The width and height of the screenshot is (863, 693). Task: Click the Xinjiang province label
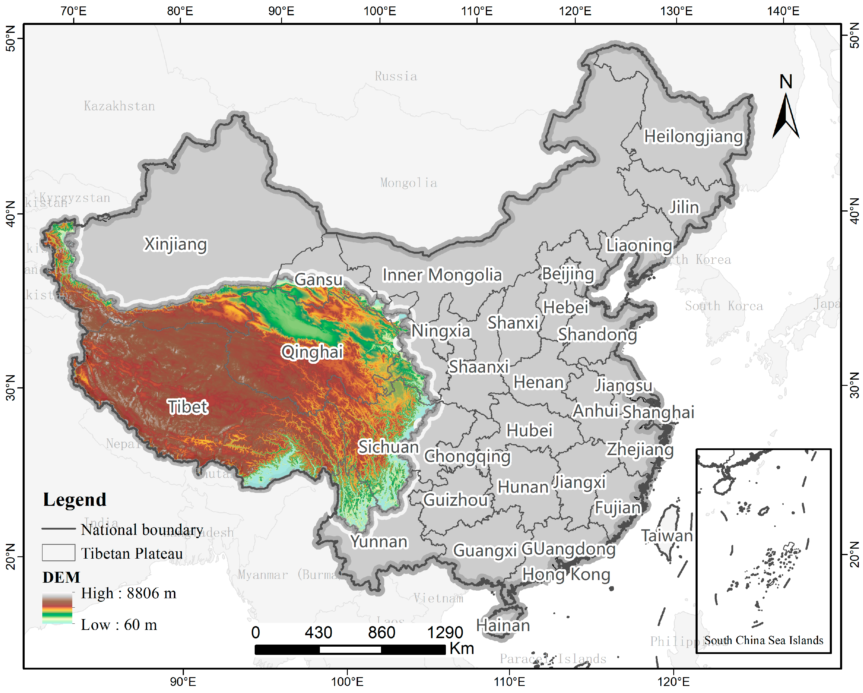[175, 244]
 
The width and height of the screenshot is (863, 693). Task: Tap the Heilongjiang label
[693, 136]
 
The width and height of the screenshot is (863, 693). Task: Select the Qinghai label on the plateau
[312, 352]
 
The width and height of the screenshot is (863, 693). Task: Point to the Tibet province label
[187, 407]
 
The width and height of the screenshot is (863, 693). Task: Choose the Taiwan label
[667, 536]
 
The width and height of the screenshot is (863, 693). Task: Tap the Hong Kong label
[566, 575]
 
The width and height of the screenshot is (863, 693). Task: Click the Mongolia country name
[408, 183]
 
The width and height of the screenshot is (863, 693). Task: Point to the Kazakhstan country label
[119, 106]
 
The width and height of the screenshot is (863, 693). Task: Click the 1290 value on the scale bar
[445, 633]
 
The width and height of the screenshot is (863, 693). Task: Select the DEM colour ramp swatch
[57, 608]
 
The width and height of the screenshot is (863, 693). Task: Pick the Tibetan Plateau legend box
[58, 553]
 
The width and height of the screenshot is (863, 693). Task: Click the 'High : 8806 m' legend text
[128, 593]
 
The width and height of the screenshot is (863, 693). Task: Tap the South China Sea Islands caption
[763, 640]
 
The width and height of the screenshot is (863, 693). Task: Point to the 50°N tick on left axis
[11, 38]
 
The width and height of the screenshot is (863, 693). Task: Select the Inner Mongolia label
[442, 275]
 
